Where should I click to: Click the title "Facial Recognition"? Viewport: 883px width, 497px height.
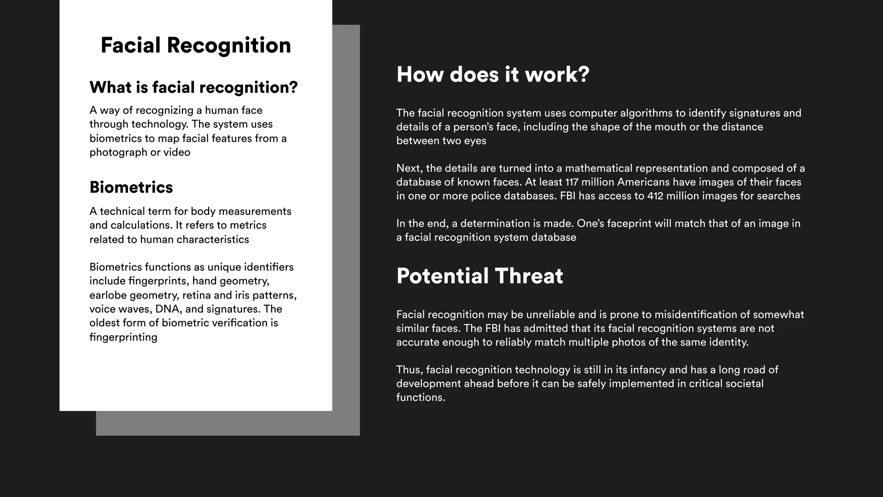coord(196,45)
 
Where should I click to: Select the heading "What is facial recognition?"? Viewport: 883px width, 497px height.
coord(194,88)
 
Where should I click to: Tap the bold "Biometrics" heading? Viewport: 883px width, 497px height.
coord(131,187)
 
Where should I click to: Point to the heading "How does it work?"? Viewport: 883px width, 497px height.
coord(492,74)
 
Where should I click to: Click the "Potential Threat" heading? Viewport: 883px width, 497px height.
coord(479,276)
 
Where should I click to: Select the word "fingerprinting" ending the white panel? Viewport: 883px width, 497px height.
coord(123,337)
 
